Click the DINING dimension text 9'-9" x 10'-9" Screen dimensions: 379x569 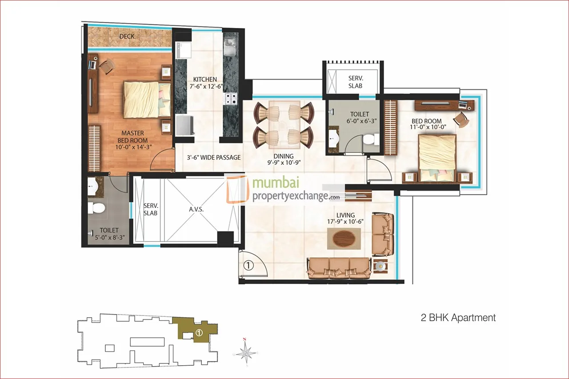284,163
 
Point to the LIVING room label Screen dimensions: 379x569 345,215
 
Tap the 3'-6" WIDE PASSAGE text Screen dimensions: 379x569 214,157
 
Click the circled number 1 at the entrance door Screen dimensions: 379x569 248,266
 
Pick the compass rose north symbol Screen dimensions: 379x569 244,352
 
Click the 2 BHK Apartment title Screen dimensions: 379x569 458,318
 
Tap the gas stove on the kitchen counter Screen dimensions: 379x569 230,99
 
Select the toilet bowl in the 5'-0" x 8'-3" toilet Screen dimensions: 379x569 96,208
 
